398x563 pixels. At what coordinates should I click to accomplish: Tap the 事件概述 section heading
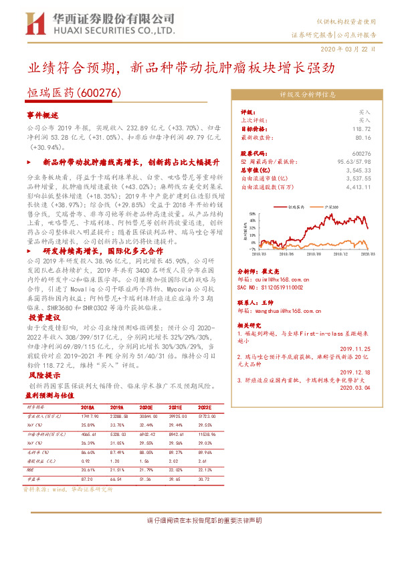43,116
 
